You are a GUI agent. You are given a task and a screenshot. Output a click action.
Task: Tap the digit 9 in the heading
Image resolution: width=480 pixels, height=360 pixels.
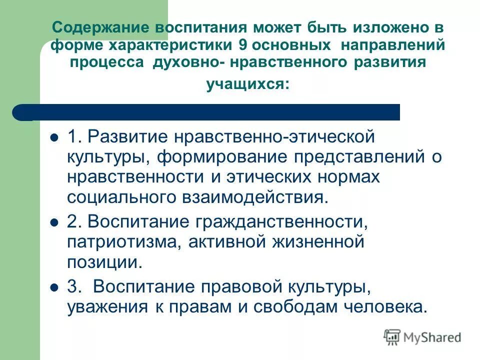click(242, 45)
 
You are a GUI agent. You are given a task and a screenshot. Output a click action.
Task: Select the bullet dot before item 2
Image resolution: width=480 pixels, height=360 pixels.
click(54, 222)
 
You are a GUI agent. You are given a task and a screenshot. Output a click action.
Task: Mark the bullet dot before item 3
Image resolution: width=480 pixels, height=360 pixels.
click(54, 287)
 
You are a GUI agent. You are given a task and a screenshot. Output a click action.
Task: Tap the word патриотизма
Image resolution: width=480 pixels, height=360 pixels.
click(119, 242)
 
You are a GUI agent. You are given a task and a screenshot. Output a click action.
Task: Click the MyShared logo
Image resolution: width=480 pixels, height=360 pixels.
click(422, 337)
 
